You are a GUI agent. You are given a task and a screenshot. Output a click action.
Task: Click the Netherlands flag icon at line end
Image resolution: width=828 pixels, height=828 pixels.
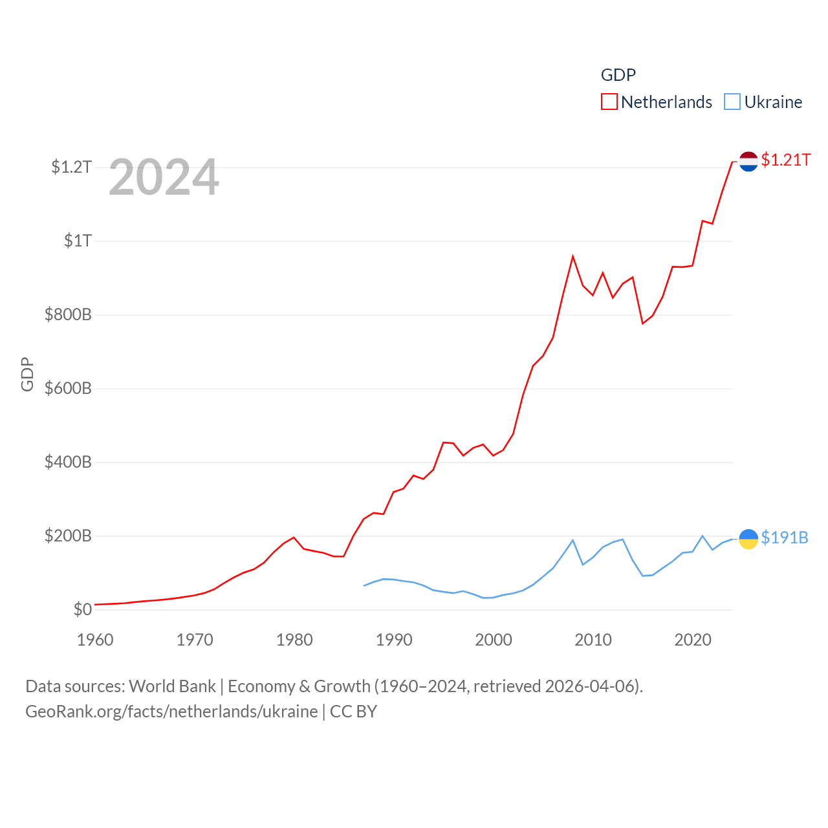coord(748,161)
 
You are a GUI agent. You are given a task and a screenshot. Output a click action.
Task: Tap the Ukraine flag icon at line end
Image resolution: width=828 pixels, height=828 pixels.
coord(748,538)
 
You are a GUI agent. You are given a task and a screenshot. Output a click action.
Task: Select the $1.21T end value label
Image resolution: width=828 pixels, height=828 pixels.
coord(785,160)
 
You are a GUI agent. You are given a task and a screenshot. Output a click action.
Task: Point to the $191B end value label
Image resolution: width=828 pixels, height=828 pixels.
coord(784,538)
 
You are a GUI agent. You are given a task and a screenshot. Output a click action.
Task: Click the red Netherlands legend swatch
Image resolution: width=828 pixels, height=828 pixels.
coord(609,102)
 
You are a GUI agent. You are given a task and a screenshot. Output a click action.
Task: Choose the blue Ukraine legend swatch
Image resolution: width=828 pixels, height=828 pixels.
coord(732,102)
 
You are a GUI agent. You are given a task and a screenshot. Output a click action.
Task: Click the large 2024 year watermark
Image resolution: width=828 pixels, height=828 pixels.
coord(164,177)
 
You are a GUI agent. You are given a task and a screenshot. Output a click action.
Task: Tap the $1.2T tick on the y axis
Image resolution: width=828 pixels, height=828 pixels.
coord(71,167)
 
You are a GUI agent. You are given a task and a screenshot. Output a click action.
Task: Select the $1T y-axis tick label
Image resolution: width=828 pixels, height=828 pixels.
coord(78,241)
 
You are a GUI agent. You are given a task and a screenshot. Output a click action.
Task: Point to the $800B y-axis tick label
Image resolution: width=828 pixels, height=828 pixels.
coord(68,314)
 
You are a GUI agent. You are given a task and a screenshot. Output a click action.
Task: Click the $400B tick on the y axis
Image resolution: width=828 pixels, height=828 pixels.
coord(68,462)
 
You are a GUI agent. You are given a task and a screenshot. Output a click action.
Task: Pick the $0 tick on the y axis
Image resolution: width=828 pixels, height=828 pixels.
coord(82,609)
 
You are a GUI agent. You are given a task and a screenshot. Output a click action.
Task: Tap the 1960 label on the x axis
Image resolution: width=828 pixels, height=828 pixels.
coord(95,640)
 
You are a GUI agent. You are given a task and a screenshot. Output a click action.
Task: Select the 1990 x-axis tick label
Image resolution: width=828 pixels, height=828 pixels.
coord(394,640)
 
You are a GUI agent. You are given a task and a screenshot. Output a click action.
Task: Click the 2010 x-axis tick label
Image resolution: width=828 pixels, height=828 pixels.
coord(593,640)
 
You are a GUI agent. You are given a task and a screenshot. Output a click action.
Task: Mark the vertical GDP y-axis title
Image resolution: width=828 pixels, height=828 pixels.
coord(27,374)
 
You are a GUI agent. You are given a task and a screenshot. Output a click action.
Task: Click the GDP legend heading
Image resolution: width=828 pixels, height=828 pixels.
coord(618,75)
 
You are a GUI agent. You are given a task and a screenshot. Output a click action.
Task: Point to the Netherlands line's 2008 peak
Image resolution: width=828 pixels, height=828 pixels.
coord(572,257)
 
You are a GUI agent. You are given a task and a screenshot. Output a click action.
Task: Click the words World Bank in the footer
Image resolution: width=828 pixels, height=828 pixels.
coord(173,686)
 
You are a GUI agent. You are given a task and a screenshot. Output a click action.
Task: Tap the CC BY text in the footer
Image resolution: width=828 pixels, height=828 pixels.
coord(353,712)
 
